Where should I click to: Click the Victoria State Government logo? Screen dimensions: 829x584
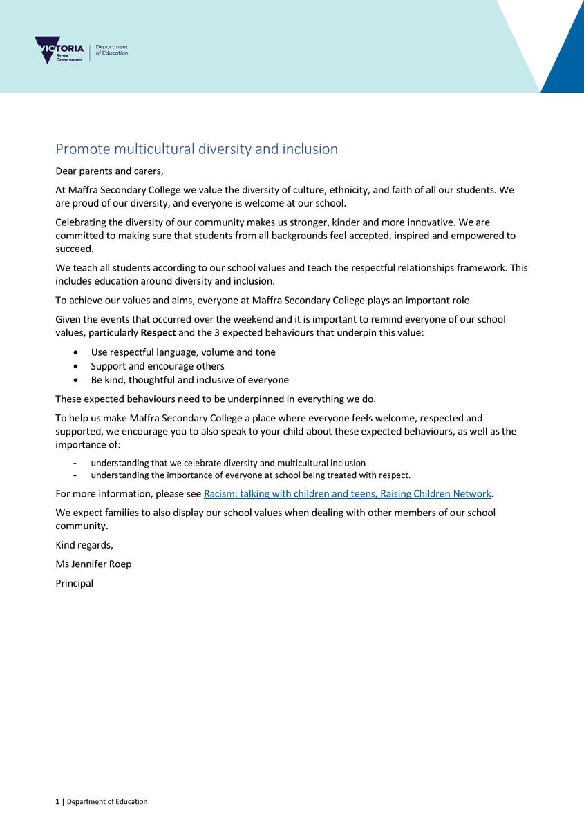click(59, 50)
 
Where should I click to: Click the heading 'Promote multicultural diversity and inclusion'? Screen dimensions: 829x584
click(196, 149)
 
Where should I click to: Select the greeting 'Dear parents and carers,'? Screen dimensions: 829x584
click(109, 171)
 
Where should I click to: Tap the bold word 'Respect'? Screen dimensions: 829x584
click(158, 332)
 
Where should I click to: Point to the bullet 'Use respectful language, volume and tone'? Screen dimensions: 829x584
click(182, 352)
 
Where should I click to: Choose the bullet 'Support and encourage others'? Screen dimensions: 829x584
click(157, 366)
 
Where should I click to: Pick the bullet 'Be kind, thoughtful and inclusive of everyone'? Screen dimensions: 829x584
click(189, 380)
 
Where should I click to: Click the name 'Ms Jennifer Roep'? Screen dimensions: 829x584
click(93, 564)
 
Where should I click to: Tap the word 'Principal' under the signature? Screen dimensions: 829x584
click(74, 583)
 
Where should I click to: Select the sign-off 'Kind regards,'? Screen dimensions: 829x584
click(84, 545)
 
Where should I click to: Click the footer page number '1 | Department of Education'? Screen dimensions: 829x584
click(102, 802)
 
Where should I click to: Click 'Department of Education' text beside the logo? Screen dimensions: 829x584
click(111, 50)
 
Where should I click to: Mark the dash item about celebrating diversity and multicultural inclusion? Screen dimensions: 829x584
click(228, 463)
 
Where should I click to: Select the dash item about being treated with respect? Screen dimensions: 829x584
click(250, 475)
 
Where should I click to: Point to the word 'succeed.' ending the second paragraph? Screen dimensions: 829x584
click(74, 249)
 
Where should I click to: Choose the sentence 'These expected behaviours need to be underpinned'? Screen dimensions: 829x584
click(215, 399)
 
